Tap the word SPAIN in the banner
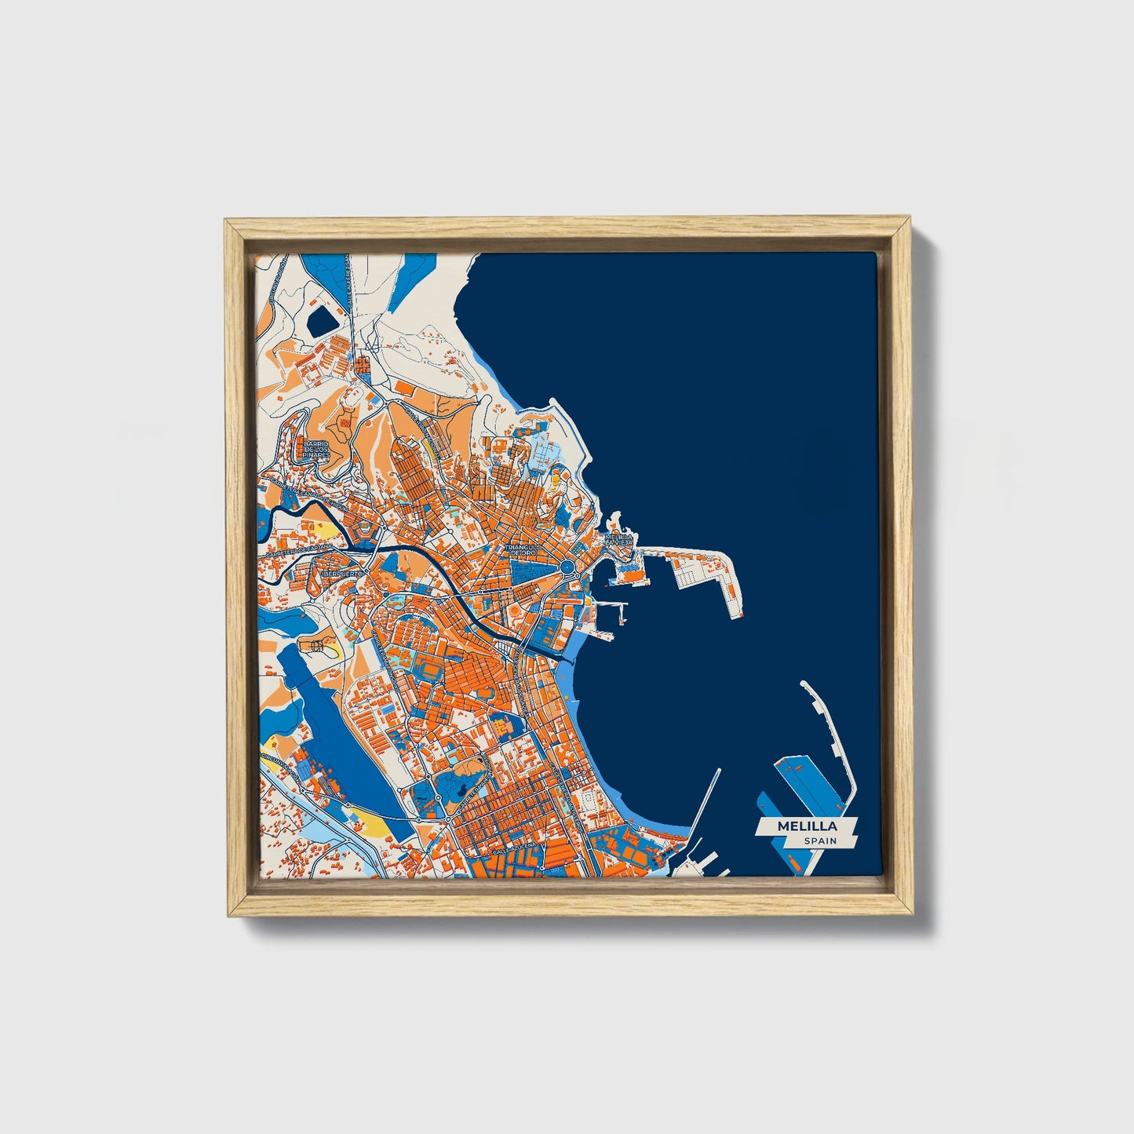[819, 840]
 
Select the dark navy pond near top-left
[321, 319]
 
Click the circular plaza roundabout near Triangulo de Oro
[567, 567]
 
